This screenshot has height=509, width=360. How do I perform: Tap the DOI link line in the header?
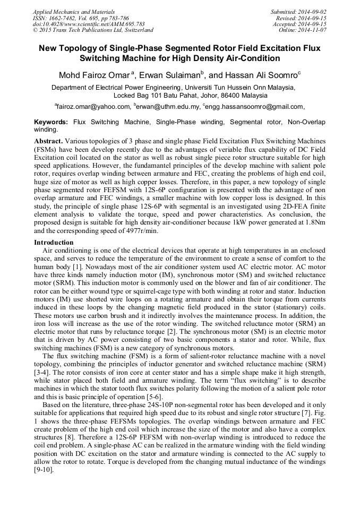[x=89, y=24]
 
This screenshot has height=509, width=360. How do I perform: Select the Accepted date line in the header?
[x=299, y=24]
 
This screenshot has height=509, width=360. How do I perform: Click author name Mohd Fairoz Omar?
[x=93, y=75]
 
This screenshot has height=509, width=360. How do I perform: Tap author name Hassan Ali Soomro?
[x=262, y=75]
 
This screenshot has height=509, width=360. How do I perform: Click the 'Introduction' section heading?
[x=54, y=243]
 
